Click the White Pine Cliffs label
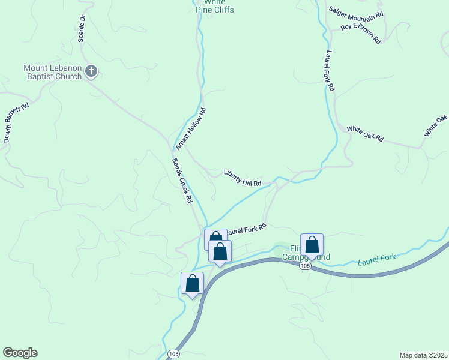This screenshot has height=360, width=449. (x=215, y=7)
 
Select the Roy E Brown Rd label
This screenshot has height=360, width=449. (x=361, y=33)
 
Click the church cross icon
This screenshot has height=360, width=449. (x=91, y=72)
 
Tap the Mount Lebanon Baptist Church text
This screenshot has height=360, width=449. (x=52, y=72)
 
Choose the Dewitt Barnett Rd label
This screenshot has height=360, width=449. (x=16, y=122)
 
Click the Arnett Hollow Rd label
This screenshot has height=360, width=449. (x=191, y=129)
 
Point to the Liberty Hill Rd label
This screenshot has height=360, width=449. (x=243, y=178)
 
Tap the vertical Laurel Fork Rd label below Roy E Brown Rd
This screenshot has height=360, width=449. (x=329, y=71)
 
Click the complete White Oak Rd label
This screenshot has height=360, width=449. (x=365, y=133)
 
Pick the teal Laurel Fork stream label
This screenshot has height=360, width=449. (x=377, y=260)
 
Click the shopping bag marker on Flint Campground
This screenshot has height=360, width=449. (x=312, y=245)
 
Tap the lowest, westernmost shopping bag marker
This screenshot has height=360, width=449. (x=192, y=283)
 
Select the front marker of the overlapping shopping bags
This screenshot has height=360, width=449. (x=220, y=251)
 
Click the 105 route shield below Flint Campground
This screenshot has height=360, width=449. (x=306, y=266)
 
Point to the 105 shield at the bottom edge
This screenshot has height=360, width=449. (x=173, y=353)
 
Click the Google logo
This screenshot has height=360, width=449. (x=20, y=353)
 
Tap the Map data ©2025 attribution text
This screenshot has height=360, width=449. (x=423, y=355)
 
